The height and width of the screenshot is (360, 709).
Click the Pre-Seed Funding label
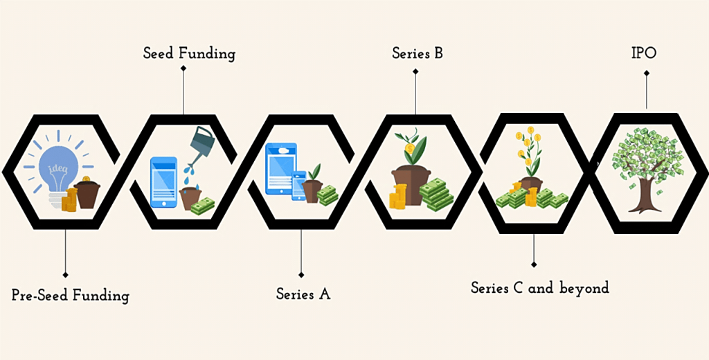[70, 296]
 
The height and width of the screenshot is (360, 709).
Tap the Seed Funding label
[189, 53]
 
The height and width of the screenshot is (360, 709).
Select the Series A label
[303, 294]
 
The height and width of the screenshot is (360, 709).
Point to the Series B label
[417, 53]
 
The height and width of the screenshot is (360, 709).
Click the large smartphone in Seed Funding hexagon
[163, 182]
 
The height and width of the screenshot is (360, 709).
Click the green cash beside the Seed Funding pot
[203, 206]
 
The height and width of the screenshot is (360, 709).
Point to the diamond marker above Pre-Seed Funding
[65, 275]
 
